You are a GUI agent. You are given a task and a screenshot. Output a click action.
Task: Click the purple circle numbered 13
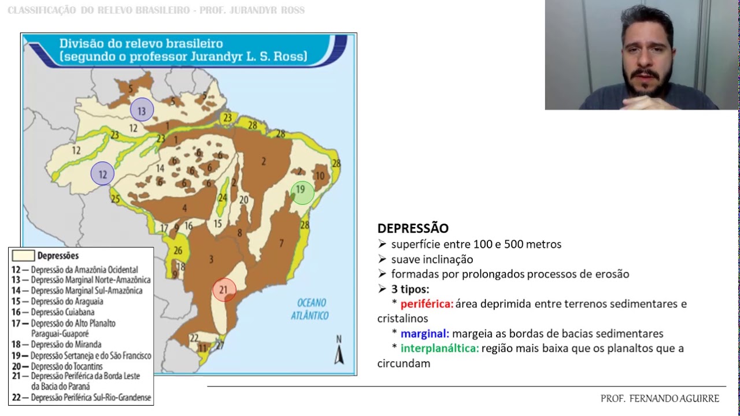pos(142,109)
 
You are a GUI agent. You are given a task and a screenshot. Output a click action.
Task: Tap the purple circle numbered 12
pos(102,173)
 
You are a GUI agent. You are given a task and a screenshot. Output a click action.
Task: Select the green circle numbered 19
pos(302,192)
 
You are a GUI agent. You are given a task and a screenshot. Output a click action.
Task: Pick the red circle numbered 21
pos(224,289)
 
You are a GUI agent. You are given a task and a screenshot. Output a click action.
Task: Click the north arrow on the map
pos(339,351)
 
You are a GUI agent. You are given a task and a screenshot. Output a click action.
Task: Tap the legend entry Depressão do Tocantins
pos(66,367)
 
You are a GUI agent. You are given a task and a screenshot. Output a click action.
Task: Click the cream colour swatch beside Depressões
pos(23,255)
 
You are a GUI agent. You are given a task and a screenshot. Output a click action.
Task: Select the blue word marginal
pos(425,334)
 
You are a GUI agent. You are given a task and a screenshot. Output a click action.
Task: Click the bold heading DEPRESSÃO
pos(413,228)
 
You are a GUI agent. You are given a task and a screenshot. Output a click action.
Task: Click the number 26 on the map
pos(178,250)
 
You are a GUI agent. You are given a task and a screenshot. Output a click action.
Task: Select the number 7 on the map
pos(282,243)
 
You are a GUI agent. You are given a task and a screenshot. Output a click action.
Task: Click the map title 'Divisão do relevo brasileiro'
pos(141,44)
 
